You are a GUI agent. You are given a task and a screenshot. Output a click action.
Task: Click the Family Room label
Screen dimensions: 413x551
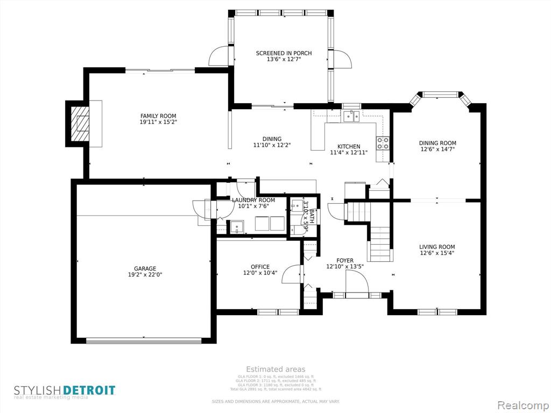point(158,116)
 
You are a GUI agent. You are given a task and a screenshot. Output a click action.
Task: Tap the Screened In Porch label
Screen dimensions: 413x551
point(284,53)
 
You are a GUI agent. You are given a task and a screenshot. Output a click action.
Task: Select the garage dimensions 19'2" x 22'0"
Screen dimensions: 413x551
point(145,275)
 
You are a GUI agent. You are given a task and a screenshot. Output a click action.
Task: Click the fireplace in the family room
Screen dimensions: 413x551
point(81,124)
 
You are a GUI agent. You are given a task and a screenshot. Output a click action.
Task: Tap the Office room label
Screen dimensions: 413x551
point(260,267)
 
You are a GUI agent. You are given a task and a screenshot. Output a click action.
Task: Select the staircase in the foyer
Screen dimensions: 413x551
point(380,237)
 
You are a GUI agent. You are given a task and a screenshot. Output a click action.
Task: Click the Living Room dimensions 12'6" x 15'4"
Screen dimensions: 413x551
point(437,253)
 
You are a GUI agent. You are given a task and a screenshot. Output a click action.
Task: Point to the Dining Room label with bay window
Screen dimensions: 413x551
point(437,143)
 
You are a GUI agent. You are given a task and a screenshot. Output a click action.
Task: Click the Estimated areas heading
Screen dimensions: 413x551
point(275,369)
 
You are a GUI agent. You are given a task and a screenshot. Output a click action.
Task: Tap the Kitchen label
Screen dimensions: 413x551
point(349,146)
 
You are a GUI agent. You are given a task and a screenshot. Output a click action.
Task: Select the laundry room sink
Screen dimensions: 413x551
point(236,227)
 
